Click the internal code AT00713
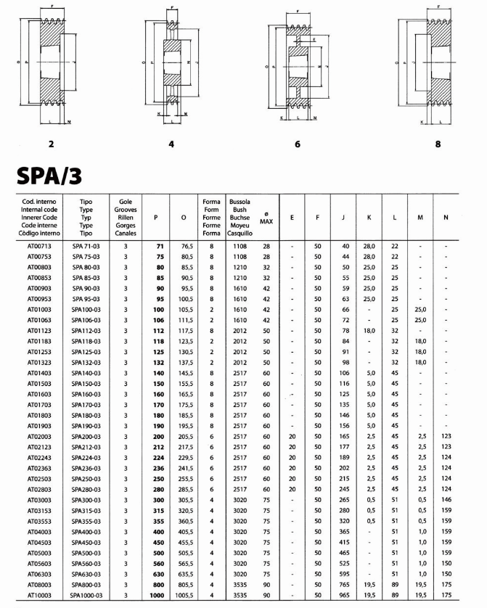(x=37, y=247)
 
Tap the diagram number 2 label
(x=50, y=144)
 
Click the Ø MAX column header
(x=266, y=217)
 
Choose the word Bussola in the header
(x=240, y=200)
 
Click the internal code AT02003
(x=37, y=437)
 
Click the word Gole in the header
(x=125, y=200)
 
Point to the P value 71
(x=159, y=247)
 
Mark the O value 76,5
(x=185, y=247)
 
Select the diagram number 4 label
(x=171, y=144)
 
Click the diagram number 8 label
(x=437, y=144)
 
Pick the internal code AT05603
(x=37, y=562)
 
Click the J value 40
(x=345, y=247)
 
